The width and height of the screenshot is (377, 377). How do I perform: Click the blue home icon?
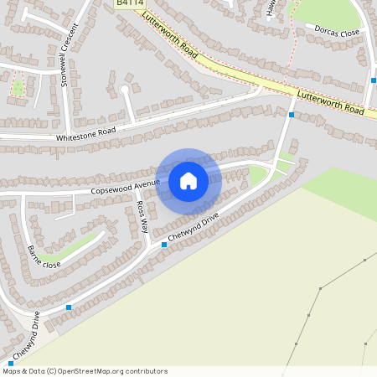pos(188,181)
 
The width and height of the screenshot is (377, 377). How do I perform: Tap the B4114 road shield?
pos(128,4)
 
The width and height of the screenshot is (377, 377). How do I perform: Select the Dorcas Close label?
pos(337,32)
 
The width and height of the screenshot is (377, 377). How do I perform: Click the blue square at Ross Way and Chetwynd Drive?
pos(163,245)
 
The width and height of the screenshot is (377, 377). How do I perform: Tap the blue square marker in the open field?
pos(296,342)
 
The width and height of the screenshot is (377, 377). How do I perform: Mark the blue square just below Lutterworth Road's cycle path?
pos(291,114)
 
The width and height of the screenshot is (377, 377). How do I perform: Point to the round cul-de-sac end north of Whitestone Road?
pos(124,89)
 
